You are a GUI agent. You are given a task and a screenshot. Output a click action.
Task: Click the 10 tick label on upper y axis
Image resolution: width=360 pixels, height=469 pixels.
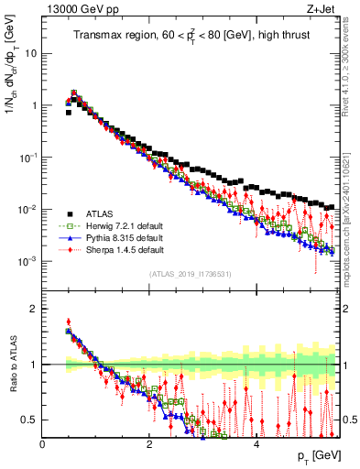coord(31,53)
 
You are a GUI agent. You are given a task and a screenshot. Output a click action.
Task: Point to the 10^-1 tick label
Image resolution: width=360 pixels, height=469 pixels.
coord(28,157)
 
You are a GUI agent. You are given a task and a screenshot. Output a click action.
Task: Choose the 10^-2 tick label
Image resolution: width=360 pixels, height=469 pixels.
coord(28,209)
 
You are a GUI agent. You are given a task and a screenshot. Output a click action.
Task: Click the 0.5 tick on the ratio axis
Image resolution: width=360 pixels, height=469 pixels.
coord(30,420)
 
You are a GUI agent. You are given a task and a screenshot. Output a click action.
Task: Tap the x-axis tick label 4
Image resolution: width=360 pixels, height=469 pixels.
coord(256,444)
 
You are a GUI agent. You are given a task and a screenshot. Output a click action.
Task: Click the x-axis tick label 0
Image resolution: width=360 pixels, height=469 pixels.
coord(42,444)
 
